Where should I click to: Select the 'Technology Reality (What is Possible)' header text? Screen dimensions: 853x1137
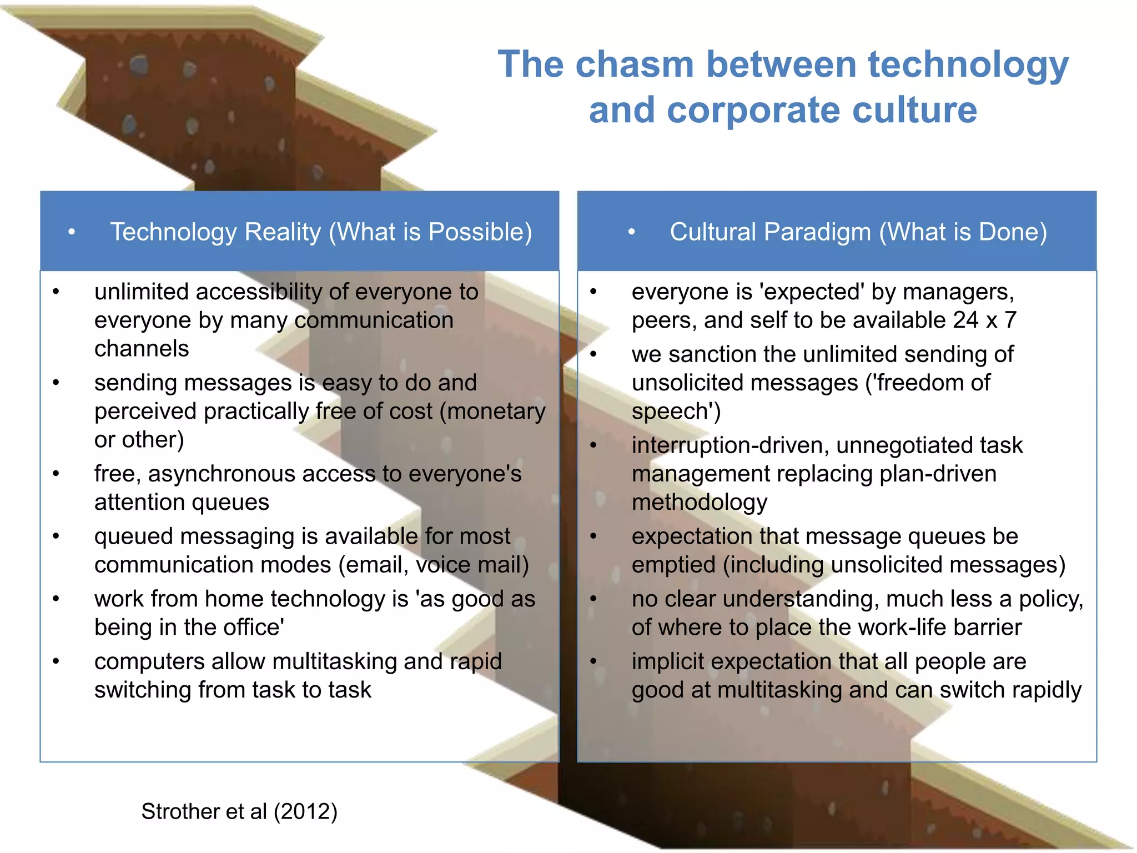[321, 232]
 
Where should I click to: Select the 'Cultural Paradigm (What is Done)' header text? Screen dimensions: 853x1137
[858, 232]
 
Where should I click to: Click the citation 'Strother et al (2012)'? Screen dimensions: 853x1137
[239, 811]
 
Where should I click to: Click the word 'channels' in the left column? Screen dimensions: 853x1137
[142, 349]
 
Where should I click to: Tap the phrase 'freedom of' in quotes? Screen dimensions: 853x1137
[934, 383]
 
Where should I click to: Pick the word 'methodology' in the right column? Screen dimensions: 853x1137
[700, 502]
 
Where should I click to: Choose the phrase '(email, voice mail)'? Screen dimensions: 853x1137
[434, 565]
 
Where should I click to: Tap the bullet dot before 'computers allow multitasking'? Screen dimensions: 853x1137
[56, 661]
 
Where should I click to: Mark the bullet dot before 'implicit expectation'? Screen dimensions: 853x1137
[593, 661]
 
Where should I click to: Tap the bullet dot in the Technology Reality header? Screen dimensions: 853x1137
[72, 232]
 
